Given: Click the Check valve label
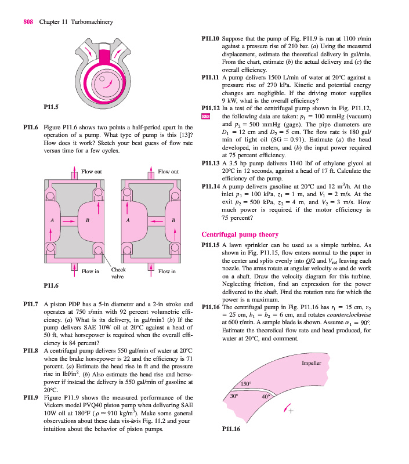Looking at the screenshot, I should [x=118, y=273].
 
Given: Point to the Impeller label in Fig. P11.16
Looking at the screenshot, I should [x=312, y=363].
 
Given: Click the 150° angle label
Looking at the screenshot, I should [x=245, y=385].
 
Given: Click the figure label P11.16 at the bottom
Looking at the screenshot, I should [x=232, y=430].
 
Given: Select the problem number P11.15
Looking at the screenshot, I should [x=209, y=246].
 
